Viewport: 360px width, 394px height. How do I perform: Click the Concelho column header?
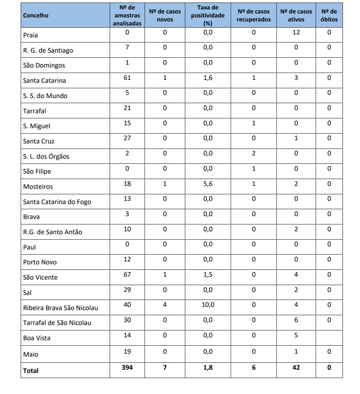[36, 15]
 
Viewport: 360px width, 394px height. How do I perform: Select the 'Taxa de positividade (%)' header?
[207, 15]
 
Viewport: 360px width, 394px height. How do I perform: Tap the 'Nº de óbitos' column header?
[329, 15]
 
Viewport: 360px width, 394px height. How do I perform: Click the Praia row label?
[31, 35]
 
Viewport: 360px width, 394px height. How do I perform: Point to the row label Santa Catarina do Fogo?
[57, 202]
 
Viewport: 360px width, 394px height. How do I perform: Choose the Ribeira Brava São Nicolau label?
[61, 308]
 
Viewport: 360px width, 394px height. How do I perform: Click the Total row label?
[31, 370]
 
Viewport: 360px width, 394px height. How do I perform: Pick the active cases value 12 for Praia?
[296, 32]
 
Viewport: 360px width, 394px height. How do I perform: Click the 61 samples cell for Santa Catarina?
[127, 78]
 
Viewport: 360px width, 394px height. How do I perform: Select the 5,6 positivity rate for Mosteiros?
[208, 184]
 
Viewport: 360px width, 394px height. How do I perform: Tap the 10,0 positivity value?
[208, 305]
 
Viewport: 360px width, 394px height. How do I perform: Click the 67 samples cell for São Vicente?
[127, 275]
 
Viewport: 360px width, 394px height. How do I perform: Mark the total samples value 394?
[127, 367]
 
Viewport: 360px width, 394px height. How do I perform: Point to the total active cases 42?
[296, 367]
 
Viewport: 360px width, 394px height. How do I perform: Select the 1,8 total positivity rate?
[208, 367]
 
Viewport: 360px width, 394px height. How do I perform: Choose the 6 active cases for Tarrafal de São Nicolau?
[296, 320]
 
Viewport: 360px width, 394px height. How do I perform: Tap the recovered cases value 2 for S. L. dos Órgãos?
[254, 153]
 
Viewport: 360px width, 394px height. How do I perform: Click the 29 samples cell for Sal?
[127, 290]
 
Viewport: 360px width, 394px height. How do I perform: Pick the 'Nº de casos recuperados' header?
[254, 15]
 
